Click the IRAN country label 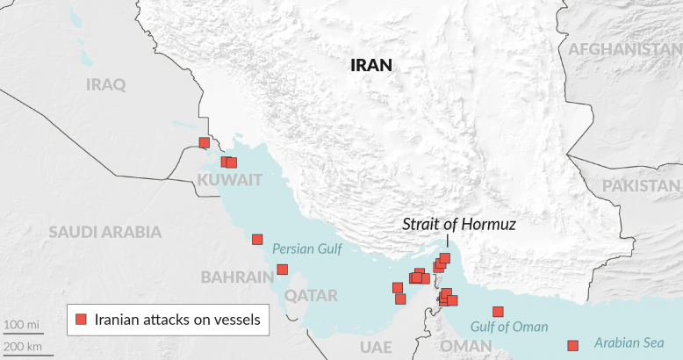(x=370, y=65)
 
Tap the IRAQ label (x=106, y=84)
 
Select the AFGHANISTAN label (x=625, y=49)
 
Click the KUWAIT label (x=230, y=180)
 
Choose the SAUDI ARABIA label (x=105, y=232)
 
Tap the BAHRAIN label (x=237, y=277)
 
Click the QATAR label (x=311, y=295)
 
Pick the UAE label (x=375, y=347)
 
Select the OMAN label (x=466, y=347)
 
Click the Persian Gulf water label (x=306, y=249)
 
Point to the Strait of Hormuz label (x=459, y=224)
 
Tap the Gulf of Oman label (x=509, y=327)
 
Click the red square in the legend (x=81, y=320)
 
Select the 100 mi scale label (x=21, y=326)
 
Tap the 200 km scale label (x=22, y=347)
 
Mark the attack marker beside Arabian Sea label (x=573, y=345)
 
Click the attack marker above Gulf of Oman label (x=498, y=312)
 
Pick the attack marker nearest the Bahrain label (x=282, y=270)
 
